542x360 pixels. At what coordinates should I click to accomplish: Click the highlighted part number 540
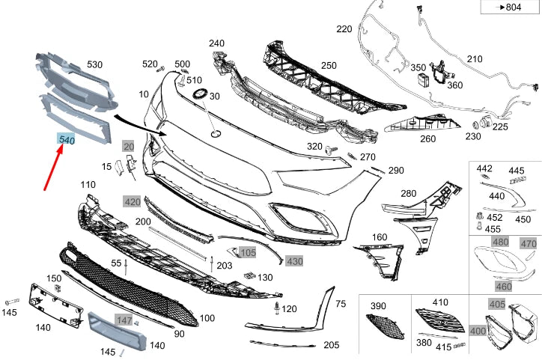[67, 140]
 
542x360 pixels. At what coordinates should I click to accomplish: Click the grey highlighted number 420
[132, 201]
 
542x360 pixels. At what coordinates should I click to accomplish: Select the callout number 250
[329, 67]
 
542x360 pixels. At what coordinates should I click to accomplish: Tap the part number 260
[427, 138]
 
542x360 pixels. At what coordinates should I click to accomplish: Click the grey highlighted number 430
[294, 260]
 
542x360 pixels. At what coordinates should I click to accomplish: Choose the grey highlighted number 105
[248, 252]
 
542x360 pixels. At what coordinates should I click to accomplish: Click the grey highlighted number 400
[477, 330]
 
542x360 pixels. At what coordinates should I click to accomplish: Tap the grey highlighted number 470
[529, 243]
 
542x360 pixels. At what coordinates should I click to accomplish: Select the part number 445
[517, 171]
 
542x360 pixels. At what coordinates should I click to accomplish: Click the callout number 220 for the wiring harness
[344, 30]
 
